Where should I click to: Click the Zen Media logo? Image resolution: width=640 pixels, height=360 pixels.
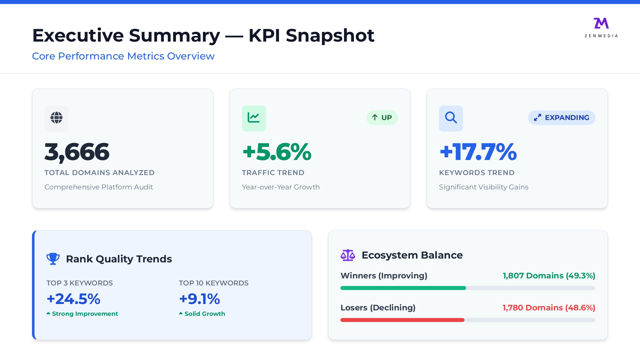coord(601,28)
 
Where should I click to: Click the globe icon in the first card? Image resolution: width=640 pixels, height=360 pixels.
coord(56,118)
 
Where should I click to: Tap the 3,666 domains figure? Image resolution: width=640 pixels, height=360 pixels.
coord(77,152)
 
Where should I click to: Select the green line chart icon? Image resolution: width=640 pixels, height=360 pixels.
coord(254,118)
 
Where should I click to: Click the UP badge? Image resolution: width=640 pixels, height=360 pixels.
coord(382,118)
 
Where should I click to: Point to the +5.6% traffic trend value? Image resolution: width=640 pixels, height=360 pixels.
coord(277,152)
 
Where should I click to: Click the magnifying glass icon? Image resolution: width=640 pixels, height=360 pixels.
coord(451,118)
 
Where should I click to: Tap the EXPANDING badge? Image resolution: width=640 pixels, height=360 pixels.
coord(562,118)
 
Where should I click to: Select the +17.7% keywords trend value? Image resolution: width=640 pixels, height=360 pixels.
coord(478,152)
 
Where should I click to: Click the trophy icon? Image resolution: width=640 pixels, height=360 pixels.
coord(53,259)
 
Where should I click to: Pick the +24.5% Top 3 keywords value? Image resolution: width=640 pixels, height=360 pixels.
coord(74,299)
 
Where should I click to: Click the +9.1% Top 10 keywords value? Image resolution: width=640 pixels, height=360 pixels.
coord(200,299)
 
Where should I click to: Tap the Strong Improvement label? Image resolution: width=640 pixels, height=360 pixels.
coord(85,314)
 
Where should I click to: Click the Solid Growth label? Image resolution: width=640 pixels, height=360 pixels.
coord(204,314)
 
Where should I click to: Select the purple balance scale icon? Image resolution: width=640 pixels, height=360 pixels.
coord(348,255)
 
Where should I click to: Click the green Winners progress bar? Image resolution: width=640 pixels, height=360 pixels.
coord(403,288)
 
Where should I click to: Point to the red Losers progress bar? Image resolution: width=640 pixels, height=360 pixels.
coord(402,320)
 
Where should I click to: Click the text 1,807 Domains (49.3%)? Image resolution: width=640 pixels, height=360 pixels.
coord(549,276)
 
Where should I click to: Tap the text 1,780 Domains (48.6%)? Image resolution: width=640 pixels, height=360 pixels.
coord(549,308)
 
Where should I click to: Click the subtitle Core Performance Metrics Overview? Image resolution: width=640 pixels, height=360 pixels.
coord(123,56)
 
